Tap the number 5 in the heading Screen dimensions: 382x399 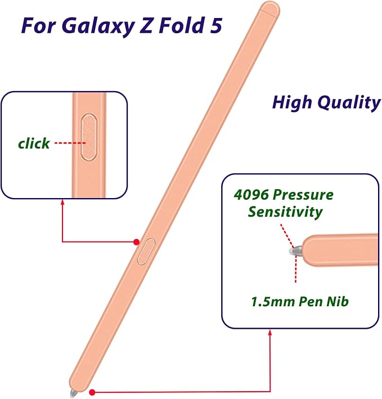215,25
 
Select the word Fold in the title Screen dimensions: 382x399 181,25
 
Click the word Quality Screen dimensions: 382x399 349,103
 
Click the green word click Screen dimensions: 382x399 34,143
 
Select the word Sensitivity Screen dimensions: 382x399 285,212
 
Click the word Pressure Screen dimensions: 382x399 303,195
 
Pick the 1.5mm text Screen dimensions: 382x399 273,302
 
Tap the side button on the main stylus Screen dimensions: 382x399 146,251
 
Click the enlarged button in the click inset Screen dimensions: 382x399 89,137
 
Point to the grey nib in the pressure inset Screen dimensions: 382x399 295,251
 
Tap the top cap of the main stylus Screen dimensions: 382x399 271,8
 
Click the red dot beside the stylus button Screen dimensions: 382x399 137,242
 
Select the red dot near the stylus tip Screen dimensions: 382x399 92,392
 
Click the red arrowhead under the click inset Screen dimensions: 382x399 62,202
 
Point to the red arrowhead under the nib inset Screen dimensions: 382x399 270,333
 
